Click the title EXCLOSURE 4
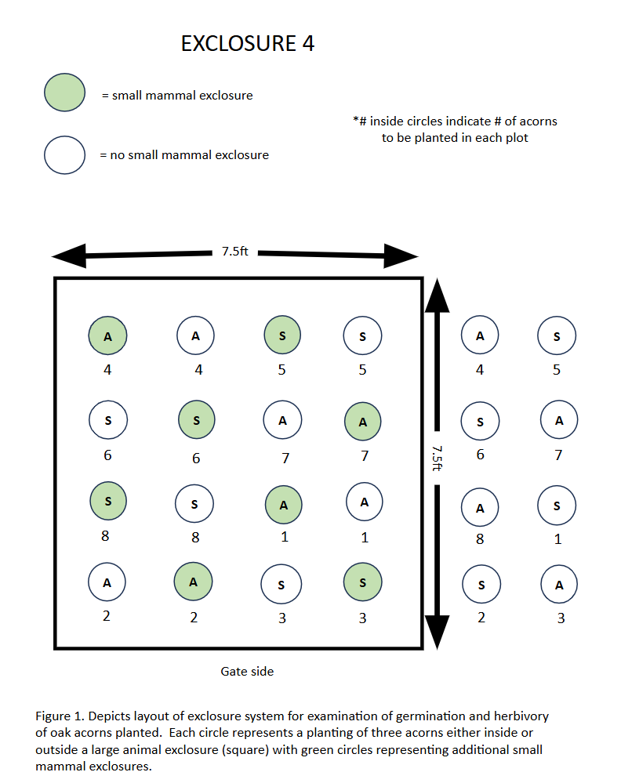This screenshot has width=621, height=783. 248,44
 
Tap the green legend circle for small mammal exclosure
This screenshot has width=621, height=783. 64,93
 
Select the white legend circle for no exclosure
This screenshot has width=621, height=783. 64,154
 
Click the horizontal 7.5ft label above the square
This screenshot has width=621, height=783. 234,252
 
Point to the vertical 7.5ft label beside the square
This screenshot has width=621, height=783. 437,458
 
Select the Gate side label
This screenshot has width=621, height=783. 247,671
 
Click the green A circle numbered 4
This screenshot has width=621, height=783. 107,336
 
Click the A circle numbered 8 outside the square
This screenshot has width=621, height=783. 480,507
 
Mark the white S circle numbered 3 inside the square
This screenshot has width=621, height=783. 281,585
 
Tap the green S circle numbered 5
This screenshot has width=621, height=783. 281,335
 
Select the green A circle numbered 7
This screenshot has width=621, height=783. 363,422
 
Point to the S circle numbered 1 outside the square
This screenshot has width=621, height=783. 557,506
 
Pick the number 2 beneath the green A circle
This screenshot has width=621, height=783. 194,618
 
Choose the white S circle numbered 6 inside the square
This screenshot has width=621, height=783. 107,421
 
